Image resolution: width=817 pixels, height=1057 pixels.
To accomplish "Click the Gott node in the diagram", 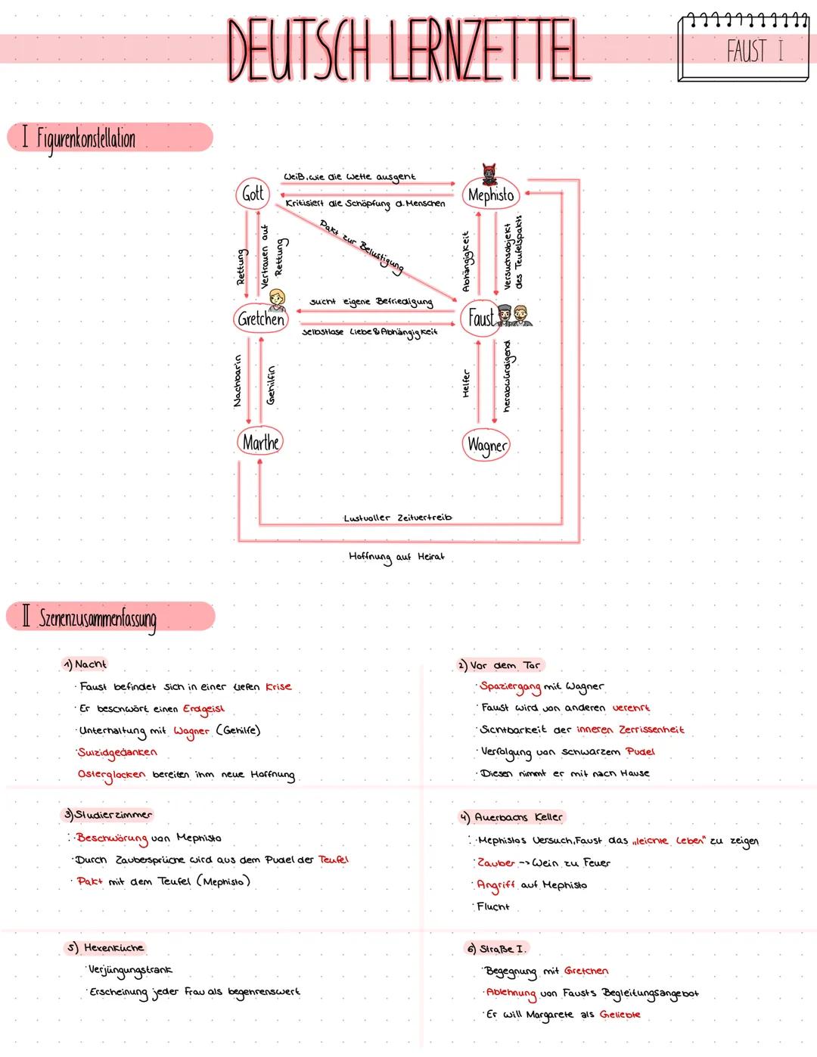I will click(x=253, y=194).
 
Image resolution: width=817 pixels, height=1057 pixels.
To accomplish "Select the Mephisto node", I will click(x=490, y=195).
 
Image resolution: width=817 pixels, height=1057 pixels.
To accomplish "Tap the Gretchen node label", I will click(x=260, y=319).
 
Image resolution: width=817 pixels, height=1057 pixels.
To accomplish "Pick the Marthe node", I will click(x=261, y=443).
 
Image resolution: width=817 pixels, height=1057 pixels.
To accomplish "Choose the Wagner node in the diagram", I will click(x=486, y=445).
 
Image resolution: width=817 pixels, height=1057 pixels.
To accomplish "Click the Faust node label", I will click(x=481, y=318).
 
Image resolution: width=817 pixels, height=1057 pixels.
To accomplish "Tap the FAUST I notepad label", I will click(x=754, y=51).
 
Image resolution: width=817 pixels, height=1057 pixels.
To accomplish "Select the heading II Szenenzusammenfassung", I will click(x=91, y=618).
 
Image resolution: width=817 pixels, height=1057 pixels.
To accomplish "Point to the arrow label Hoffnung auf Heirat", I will click(x=396, y=557).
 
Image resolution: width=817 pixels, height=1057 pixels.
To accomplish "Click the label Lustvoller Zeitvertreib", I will click(x=397, y=518).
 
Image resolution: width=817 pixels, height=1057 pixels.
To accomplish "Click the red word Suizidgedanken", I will click(x=117, y=752).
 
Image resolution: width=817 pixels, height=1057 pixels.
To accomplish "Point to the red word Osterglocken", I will click(x=111, y=775).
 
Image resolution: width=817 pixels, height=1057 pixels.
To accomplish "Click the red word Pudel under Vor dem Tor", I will click(x=641, y=751).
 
